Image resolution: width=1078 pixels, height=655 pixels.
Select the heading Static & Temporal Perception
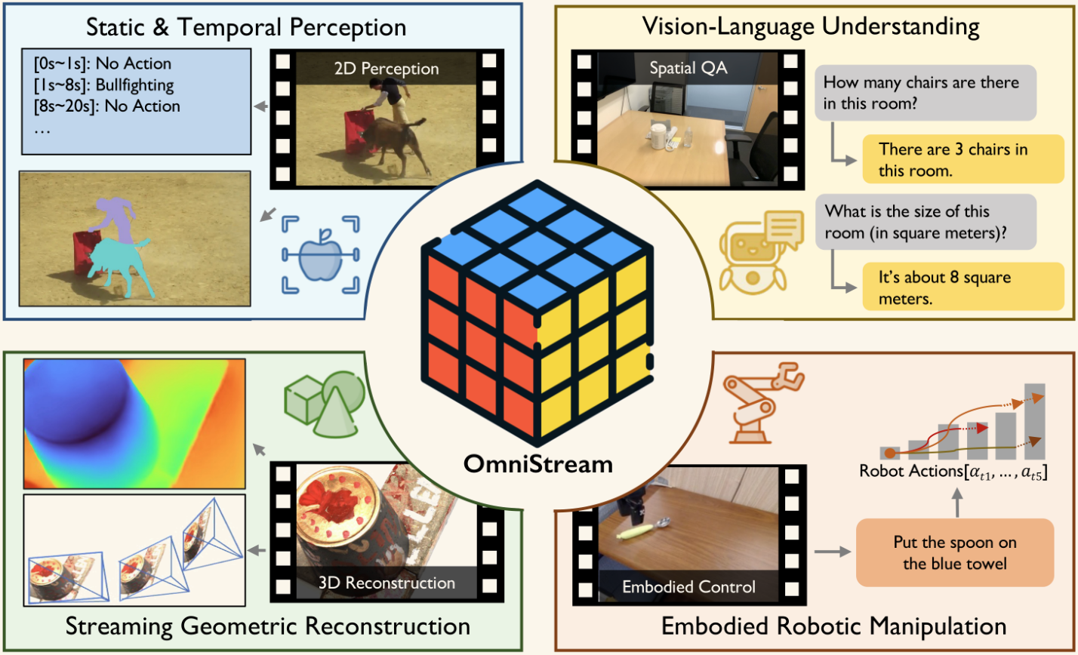click(x=246, y=28)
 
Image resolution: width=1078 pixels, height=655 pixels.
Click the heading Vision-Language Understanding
click(x=810, y=28)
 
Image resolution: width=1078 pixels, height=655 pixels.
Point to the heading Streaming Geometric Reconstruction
click(x=267, y=626)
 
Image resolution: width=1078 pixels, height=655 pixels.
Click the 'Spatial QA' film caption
click(x=679, y=68)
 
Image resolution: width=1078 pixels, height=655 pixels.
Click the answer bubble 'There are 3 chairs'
click(x=953, y=159)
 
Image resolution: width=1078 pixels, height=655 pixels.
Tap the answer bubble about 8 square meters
click(x=953, y=288)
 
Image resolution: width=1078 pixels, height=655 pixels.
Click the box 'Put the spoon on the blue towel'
click(x=954, y=552)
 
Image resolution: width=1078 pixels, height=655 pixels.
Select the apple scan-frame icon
click(x=321, y=254)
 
